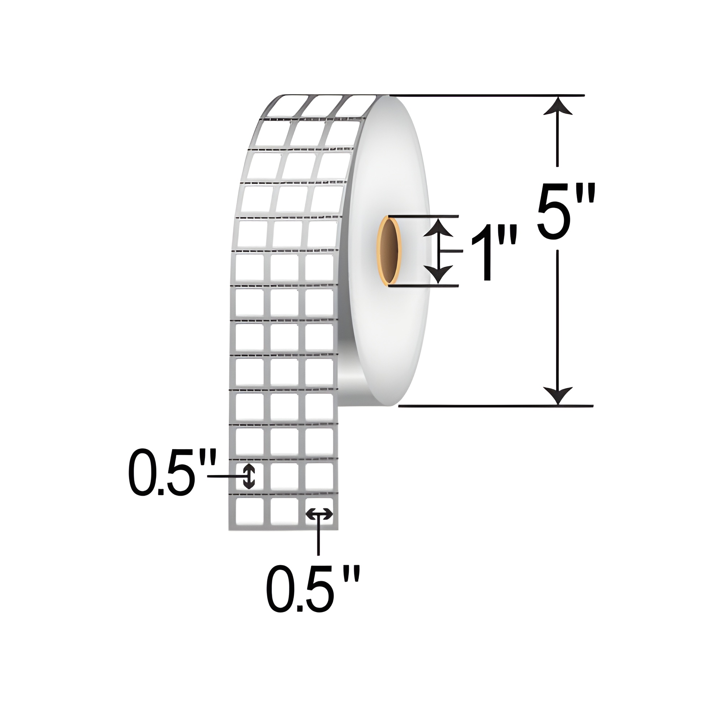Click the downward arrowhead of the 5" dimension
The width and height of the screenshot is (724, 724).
click(558, 396)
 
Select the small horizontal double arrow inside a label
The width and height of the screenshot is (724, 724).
click(319, 514)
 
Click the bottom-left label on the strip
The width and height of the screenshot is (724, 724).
click(249, 512)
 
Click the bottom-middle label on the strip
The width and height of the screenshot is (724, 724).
click(284, 512)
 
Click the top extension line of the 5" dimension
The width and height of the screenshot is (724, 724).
click(487, 95)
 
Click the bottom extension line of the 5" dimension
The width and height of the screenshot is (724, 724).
click(494, 406)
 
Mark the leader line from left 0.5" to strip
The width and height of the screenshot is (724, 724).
click(225, 476)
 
